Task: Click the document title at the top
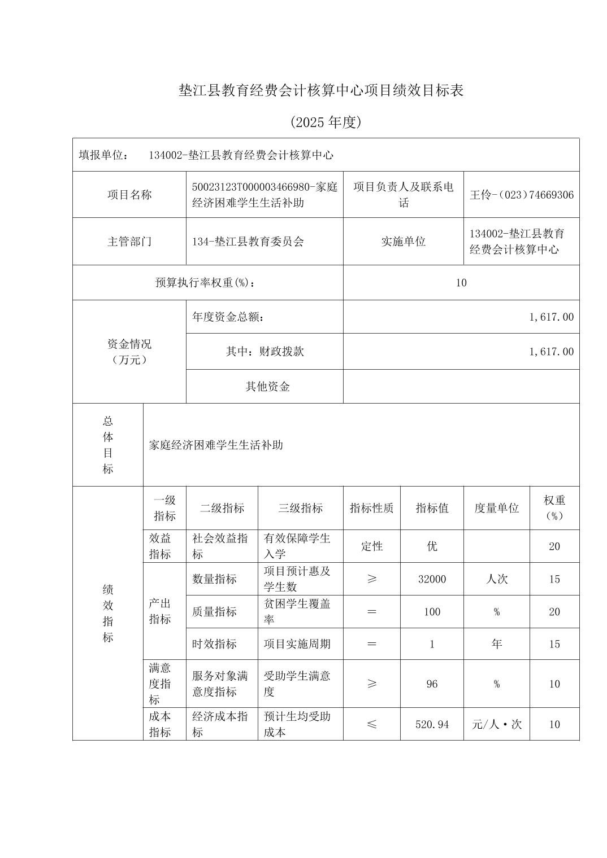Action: coord(320,90)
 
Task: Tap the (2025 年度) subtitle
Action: coord(326,122)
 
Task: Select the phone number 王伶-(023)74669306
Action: coord(521,195)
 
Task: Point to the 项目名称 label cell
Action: coord(129,195)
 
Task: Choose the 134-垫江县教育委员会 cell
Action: coord(248,242)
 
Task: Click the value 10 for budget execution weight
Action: coord(461,283)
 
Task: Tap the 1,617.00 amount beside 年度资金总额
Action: coord(551,317)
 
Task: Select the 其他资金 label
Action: coord(267,387)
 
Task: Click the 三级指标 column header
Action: coord(300,508)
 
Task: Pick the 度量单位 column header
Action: coord(496,508)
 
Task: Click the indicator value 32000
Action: coord(432,579)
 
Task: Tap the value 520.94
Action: coord(432,724)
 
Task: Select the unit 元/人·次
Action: coord(496,724)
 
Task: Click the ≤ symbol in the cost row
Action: coord(371,724)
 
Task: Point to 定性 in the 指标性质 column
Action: coord(371,546)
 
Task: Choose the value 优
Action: coord(432,546)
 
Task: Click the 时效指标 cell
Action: coord(214,644)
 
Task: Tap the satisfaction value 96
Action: coord(432,684)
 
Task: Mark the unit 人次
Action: coord(496,579)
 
